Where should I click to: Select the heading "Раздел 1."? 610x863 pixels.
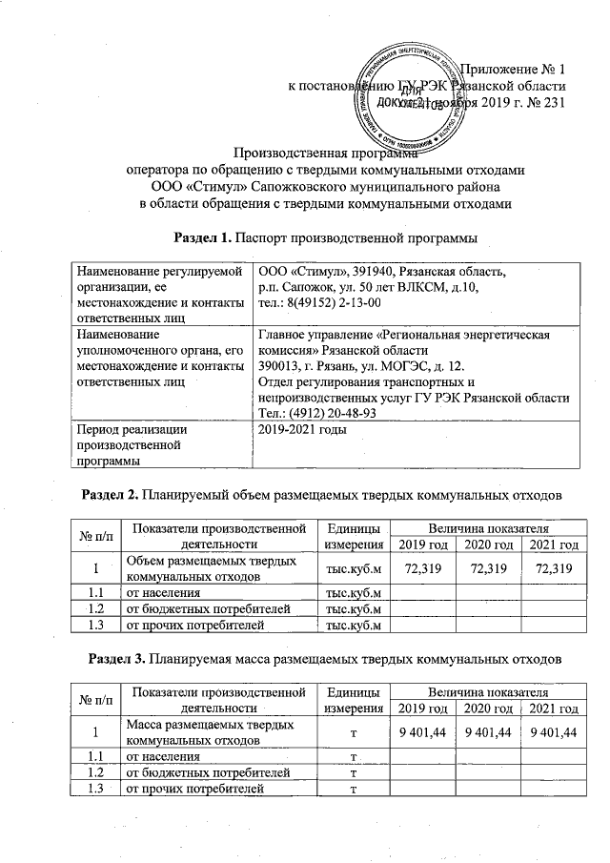pos(202,235)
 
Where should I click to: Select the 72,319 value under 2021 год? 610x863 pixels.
pos(555,569)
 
